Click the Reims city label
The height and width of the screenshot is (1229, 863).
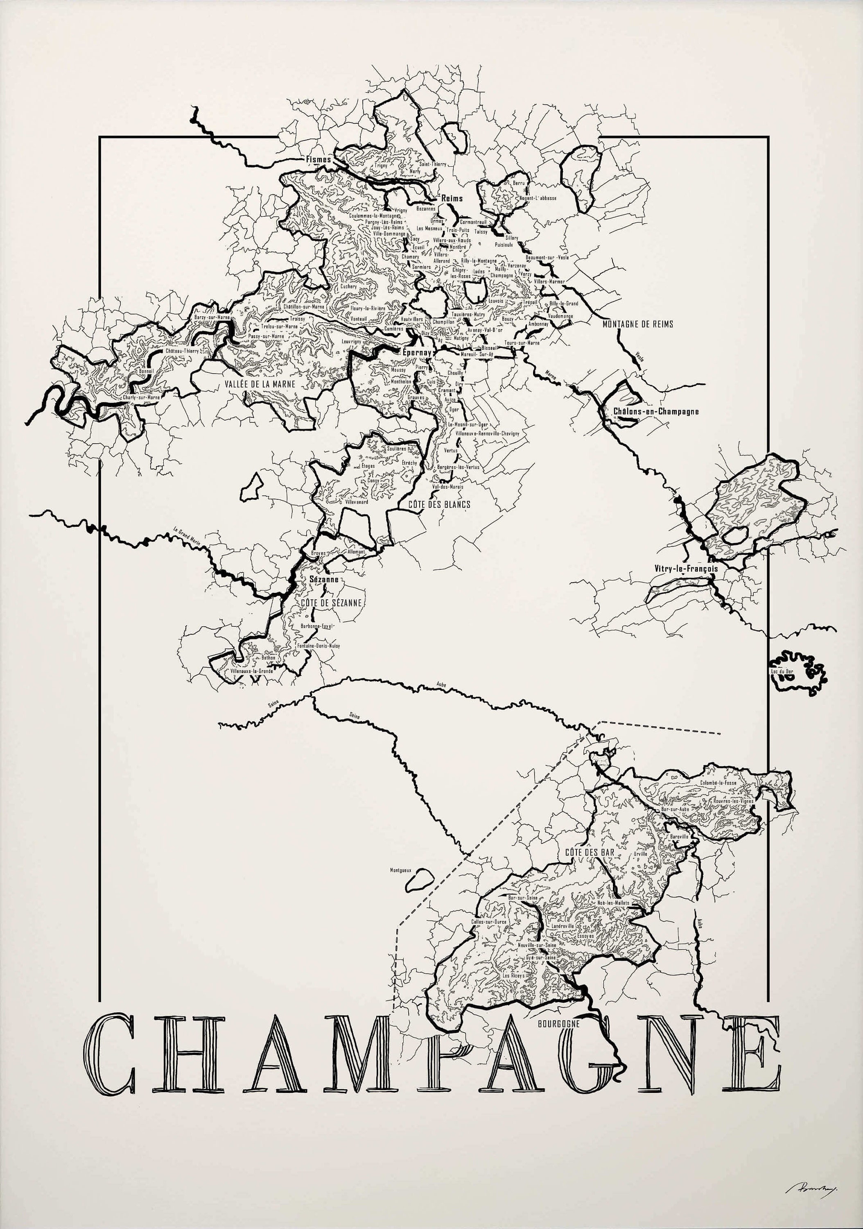point(452,198)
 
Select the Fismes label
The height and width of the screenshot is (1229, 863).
point(318,159)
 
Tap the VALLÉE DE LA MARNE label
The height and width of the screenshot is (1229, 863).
point(260,384)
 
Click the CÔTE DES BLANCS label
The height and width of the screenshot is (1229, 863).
point(439,504)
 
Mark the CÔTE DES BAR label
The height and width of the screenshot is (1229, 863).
point(589,851)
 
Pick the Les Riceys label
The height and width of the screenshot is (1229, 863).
point(514,976)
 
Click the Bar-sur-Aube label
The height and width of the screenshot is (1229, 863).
point(675,810)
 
